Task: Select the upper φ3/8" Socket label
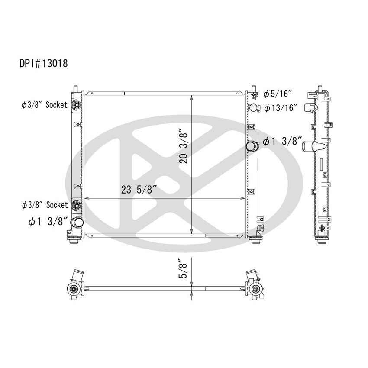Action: (45, 105)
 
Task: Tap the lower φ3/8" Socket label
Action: (45, 204)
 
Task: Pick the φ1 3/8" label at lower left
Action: (48, 222)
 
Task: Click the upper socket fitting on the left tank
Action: (77, 105)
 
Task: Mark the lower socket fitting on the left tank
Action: (77, 205)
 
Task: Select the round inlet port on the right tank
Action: (252, 146)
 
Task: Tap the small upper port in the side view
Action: (309, 107)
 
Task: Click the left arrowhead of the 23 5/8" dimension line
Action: (86, 199)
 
